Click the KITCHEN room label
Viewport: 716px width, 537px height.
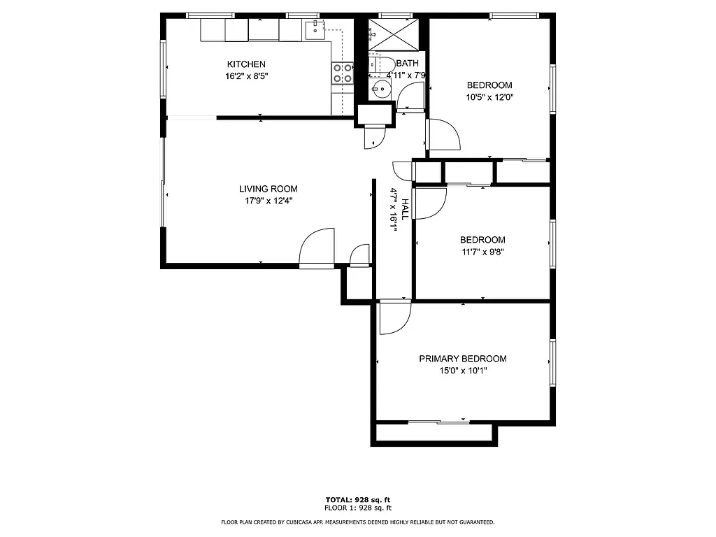point(246,64)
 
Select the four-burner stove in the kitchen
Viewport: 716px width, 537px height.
point(342,73)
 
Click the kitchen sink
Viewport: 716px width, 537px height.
point(315,29)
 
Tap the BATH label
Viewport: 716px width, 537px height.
point(407,64)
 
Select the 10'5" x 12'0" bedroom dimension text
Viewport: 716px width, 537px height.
point(489,97)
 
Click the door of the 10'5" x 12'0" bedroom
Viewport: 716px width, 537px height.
point(443,134)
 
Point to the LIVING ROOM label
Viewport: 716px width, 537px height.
point(268,189)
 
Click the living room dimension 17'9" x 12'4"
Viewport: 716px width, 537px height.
point(268,201)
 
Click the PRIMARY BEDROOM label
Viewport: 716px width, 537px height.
point(463,359)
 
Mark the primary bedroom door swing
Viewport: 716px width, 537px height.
point(394,317)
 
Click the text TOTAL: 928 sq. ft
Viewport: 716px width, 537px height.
point(357,500)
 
